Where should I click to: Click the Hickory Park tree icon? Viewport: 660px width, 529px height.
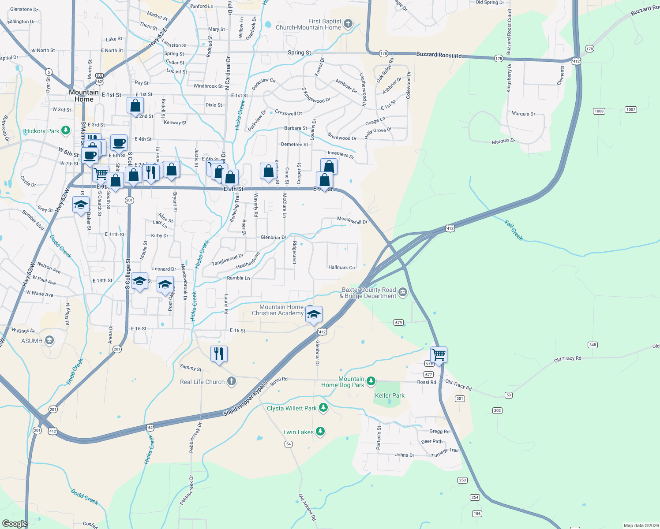click(x=66, y=130)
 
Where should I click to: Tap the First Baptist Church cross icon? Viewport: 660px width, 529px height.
click(x=348, y=23)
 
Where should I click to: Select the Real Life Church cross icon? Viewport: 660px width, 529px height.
click(x=232, y=381)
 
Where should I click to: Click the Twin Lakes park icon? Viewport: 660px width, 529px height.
click(x=321, y=432)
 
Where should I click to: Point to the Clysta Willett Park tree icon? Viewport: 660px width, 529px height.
click(x=323, y=407)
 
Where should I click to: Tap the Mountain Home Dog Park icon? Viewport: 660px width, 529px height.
click(x=371, y=381)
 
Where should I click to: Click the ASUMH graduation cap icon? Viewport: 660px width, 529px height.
click(x=49, y=340)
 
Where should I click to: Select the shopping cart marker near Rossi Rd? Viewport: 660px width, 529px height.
click(x=439, y=354)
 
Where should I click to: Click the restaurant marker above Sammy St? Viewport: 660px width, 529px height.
click(x=219, y=354)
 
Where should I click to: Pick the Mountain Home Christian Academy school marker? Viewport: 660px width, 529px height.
click(x=314, y=315)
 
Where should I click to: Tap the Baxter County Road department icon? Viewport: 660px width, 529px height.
click(x=402, y=292)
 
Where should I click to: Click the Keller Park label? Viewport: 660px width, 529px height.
click(x=390, y=395)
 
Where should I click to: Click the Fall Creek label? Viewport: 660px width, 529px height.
click(x=514, y=230)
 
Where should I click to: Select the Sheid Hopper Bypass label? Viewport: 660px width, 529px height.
click(x=245, y=399)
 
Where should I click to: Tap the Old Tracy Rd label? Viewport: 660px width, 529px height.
click(x=567, y=359)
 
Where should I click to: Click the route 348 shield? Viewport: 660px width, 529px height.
click(x=592, y=345)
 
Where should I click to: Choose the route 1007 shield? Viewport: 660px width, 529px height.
click(x=630, y=109)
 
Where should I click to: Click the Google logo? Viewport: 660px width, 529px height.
click(x=15, y=523)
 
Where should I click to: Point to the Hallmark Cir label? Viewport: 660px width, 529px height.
click(x=341, y=268)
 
